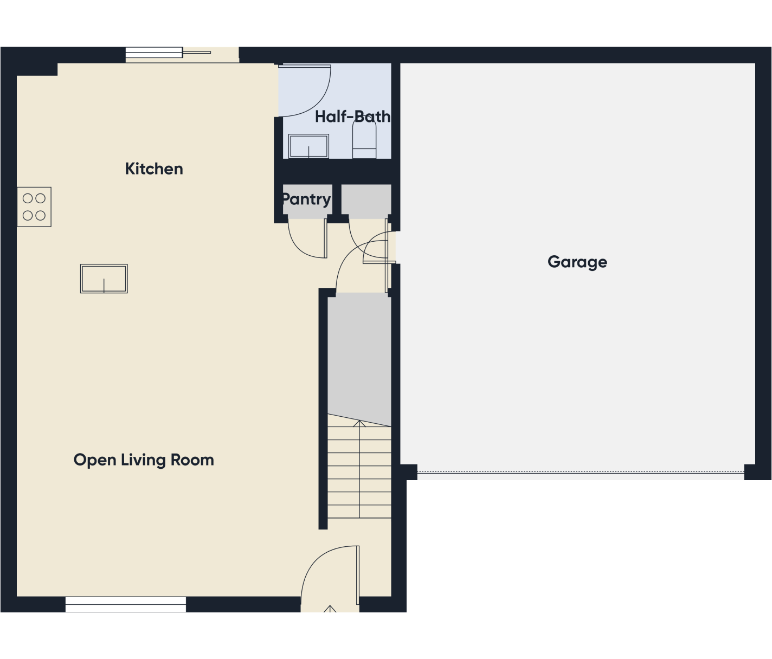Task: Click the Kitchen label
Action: (x=154, y=169)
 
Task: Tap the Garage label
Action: (x=577, y=262)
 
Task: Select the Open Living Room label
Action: (x=144, y=460)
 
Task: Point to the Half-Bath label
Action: (x=353, y=117)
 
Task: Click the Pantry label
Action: (x=306, y=199)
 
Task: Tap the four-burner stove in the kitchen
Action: (x=34, y=207)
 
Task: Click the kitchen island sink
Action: (x=104, y=279)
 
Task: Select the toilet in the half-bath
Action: (x=364, y=138)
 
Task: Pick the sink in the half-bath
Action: (x=308, y=146)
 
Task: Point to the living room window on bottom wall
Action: (x=125, y=604)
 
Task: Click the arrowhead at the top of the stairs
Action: (x=359, y=423)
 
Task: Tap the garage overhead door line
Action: (x=581, y=472)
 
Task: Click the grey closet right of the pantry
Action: (x=366, y=201)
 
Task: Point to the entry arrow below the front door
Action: (x=330, y=609)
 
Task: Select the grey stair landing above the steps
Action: (x=359, y=358)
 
